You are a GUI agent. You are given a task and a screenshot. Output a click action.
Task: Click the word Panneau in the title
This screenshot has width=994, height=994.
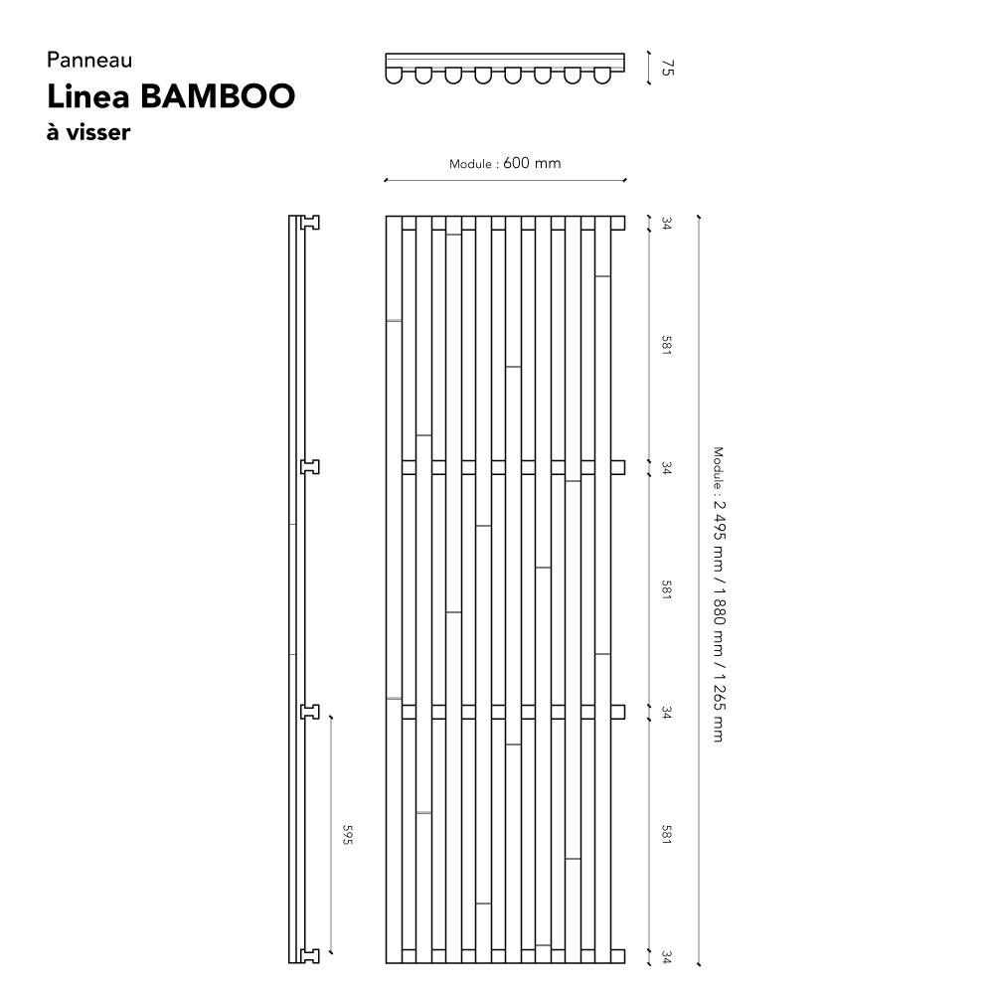click(89, 60)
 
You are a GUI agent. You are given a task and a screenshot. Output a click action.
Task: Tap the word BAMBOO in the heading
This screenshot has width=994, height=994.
click(218, 96)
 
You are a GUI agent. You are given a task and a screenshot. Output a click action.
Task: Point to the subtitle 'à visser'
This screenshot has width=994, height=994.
click(88, 132)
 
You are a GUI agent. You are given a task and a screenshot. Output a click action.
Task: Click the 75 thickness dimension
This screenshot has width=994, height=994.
click(667, 68)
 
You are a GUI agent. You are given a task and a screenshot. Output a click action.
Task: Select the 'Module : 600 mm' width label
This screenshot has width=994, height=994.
click(505, 163)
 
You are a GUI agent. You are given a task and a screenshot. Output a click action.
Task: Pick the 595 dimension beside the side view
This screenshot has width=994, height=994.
click(347, 834)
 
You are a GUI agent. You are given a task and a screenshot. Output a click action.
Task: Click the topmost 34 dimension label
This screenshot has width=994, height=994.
click(666, 223)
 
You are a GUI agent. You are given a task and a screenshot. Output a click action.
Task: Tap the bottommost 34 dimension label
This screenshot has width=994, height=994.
click(666, 956)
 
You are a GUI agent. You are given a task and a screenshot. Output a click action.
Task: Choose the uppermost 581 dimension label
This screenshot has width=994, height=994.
click(666, 346)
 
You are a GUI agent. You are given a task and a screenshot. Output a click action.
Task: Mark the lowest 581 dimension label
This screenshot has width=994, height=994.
click(666, 834)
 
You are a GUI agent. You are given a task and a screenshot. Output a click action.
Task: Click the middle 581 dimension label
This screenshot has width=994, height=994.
click(666, 589)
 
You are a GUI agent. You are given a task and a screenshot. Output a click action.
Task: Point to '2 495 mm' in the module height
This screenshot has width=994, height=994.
click(719, 535)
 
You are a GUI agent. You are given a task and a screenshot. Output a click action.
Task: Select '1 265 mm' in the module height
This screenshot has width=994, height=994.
click(719, 708)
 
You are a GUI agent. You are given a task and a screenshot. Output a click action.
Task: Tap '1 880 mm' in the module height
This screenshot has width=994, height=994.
click(719, 621)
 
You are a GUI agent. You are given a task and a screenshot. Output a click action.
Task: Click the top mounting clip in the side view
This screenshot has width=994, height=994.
click(310, 223)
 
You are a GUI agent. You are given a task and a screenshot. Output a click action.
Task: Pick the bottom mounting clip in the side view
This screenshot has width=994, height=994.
click(310, 956)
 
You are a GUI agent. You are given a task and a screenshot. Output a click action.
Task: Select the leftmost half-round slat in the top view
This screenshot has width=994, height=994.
click(394, 76)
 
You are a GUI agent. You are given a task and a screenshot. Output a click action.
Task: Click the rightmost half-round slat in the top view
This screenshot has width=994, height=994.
click(602, 76)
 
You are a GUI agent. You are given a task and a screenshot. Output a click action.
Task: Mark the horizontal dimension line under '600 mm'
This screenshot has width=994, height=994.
click(505, 181)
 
